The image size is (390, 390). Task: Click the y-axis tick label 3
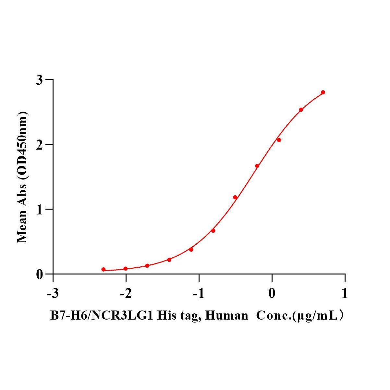tap(39, 80)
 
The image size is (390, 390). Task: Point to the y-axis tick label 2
tap(39, 145)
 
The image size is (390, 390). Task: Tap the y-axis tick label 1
tap(39, 209)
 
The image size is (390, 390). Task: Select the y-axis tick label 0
tap(39, 274)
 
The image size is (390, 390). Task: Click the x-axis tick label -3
tap(53, 294)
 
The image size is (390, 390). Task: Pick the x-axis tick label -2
tap(126, 294)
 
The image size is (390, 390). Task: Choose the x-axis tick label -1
tap(199, 294)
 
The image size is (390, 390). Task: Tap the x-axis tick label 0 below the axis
tap(272, 294)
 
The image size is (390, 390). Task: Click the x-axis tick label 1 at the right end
tap(345, 294)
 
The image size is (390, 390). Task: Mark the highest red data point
tap(323, 92)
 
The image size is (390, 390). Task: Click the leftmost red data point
tap(104, 269)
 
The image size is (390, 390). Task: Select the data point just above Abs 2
tap(279, 140)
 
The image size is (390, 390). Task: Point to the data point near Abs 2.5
tap(301, 110)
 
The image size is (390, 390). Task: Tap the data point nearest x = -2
tap(126, 269)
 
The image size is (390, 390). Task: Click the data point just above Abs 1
tap(235, 197)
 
